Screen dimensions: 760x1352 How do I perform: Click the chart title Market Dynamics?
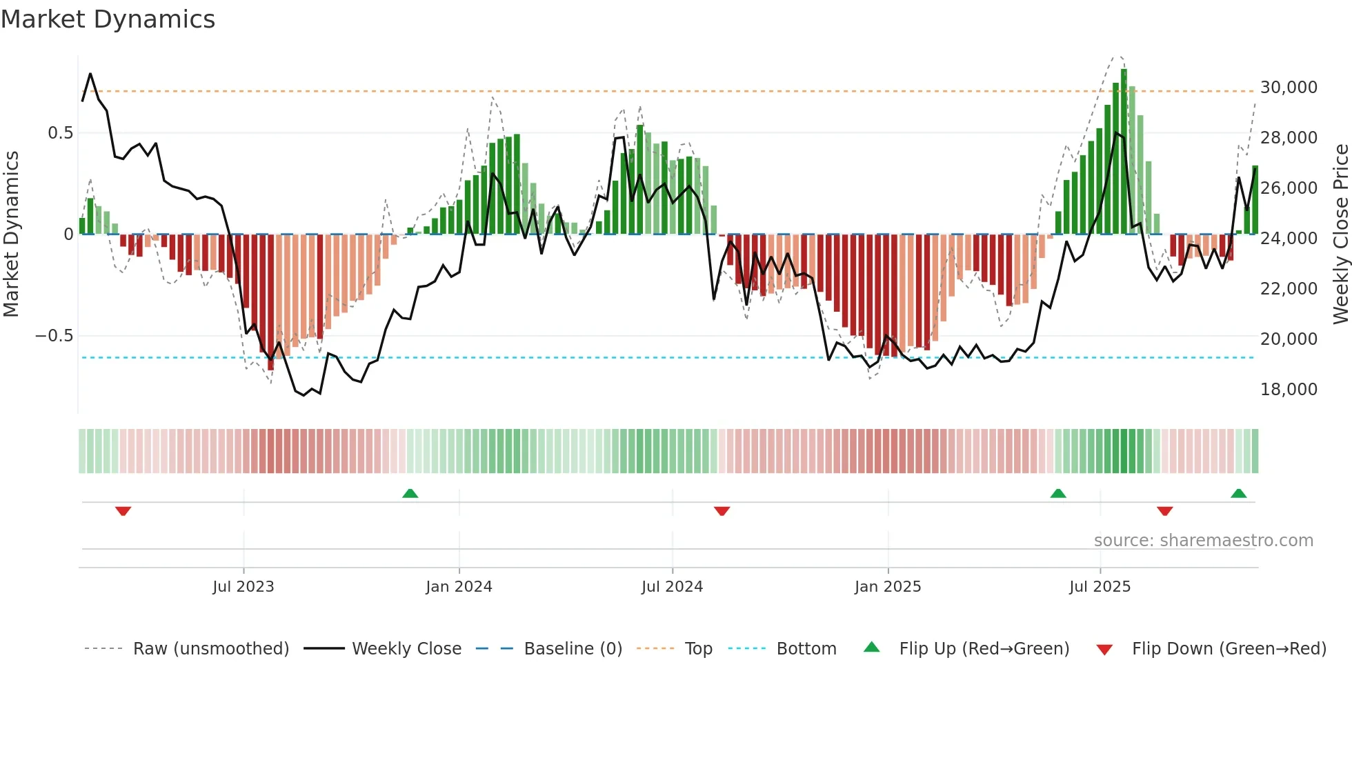[x=108, y=19]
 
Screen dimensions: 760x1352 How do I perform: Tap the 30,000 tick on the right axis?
[x=1289, y=88]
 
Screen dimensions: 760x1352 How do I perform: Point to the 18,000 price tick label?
[x=1289, y=390]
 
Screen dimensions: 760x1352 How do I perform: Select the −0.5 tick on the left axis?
[x=54, y=336]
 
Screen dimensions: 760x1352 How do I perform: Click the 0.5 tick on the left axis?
[x=60, y=133]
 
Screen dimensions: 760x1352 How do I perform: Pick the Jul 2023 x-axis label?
[x=243, y=587]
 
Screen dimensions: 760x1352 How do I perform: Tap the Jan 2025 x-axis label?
[x=887, y=587]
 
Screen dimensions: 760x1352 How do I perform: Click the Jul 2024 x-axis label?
[x=672, y=587]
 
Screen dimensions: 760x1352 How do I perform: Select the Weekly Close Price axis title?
[x=1340, y=234]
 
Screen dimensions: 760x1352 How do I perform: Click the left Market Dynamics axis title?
[x=11, y=234]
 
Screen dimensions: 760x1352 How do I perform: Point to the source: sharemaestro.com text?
[x=1203, y=541]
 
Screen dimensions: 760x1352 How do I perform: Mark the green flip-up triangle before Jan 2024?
[x=410, y=493]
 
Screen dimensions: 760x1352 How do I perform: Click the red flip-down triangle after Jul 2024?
[x=722, y=511]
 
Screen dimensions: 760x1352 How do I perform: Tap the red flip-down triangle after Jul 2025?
[x=1164, y=511]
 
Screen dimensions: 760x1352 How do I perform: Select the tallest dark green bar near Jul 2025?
[x=1124, y=152]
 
